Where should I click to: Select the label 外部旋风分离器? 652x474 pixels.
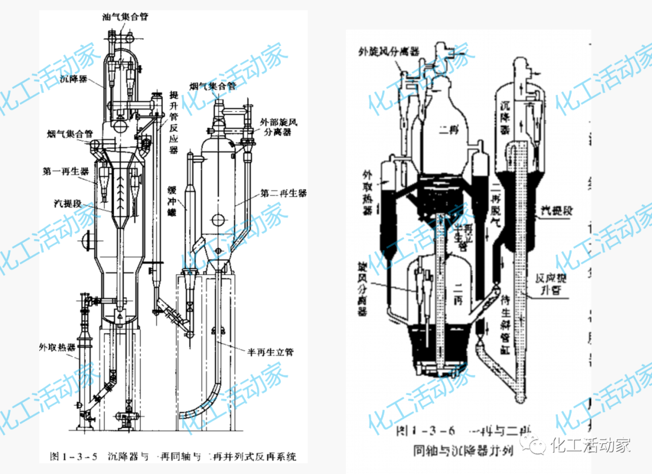click(x=279, y=127)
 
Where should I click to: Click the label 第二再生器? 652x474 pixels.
click(x=283, y=193)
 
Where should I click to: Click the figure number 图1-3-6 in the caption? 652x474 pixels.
click(x=427, y=431)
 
